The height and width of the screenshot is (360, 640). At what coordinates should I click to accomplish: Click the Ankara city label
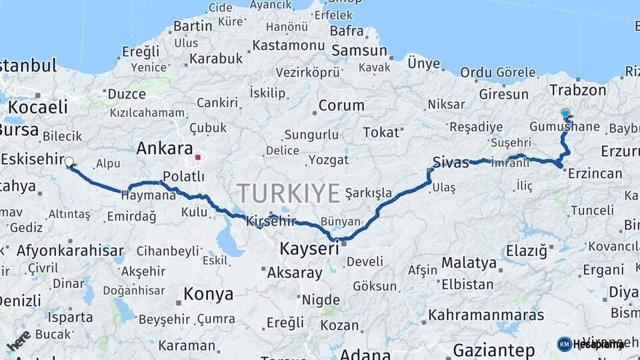click(x=164, y=149)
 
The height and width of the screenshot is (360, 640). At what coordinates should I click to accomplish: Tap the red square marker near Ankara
click(x=197, y=157)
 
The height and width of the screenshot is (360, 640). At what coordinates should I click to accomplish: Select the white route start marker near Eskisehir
click(x=69, y=161)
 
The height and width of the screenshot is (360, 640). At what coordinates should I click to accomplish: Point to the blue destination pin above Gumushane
click(x=565, y=114)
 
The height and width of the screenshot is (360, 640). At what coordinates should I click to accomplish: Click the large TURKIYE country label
click(x=289, y=193)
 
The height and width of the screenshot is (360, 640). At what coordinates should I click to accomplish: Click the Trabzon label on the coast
click(x=578, y=90)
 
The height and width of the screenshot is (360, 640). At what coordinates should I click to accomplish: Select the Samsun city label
click(x=359, y=51)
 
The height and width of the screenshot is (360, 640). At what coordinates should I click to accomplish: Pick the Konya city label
click(x=208, y=294)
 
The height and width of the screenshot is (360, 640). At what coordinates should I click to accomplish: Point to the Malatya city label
click(x=469, y=263)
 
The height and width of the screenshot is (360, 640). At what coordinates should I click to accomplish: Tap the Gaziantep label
click(x=493, y=349)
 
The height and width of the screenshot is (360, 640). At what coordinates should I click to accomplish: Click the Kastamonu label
click(x=287, y=46)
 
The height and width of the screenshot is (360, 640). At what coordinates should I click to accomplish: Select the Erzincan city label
click(x=595, y=174)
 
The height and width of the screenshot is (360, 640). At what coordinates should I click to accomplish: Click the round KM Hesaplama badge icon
click(x=564, y=344)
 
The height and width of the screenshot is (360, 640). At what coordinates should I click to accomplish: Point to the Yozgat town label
click(x=328, y=160)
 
